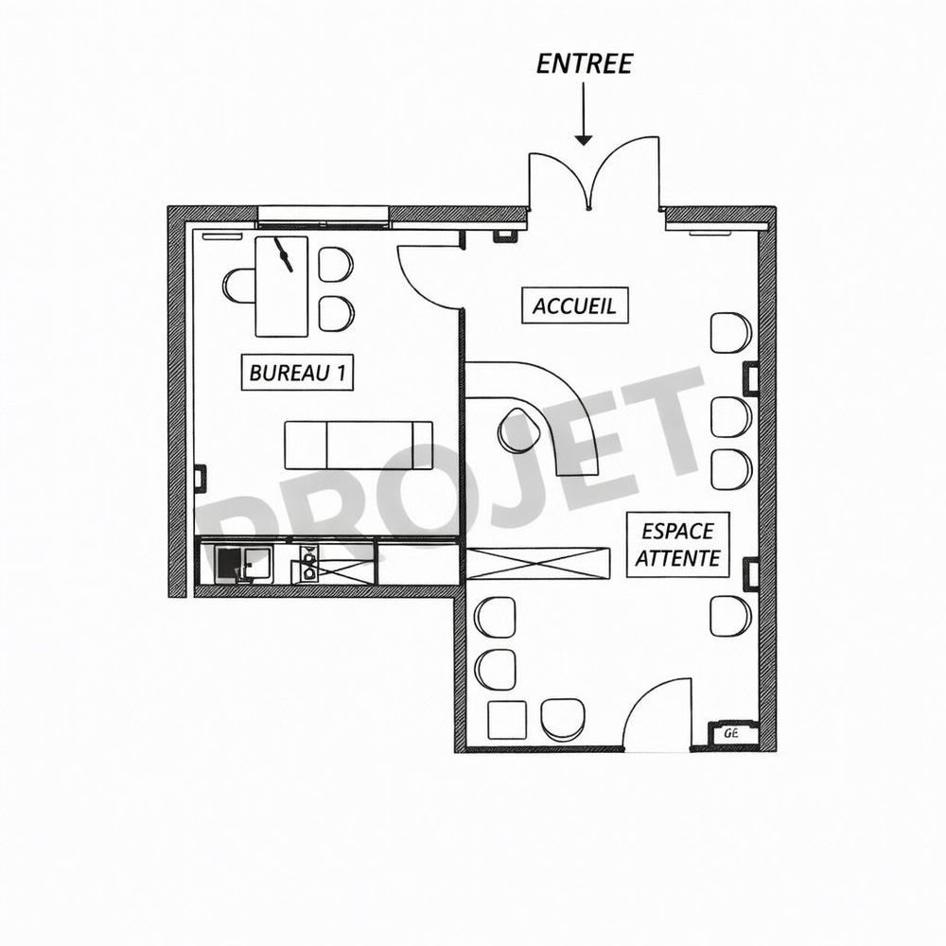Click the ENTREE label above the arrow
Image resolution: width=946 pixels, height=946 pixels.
pos(584,63)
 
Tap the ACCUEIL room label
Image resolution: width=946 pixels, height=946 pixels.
pos(574,307)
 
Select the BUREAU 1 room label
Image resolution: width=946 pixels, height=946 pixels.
pos(297,373)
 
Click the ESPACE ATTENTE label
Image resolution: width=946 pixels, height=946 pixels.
pos(677,544)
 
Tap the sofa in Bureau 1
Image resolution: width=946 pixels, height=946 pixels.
pos(359,445)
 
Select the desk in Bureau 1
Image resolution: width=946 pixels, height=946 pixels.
pos(282,286)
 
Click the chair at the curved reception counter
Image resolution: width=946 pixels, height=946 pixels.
pos(517,430)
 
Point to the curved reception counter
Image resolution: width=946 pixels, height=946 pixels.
pos(568,407)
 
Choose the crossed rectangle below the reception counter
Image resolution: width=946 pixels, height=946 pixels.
pos(538,563)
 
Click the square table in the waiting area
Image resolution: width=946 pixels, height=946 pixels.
pos(505,721)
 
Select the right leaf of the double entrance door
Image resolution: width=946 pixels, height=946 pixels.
pos(626,170)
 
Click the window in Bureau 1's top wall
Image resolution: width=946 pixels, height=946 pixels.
pos(323,217)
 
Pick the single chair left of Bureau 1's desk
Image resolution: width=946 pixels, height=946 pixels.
pos(239,286)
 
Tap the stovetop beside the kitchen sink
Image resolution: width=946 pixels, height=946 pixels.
pos(308,564)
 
